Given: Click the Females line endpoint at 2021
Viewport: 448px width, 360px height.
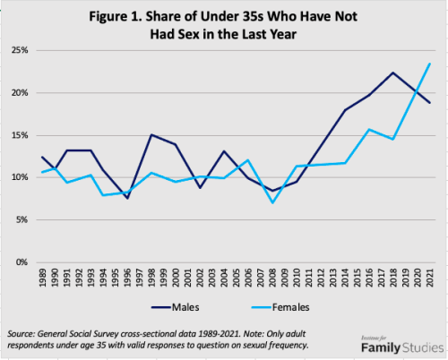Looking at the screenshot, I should pos(430,64).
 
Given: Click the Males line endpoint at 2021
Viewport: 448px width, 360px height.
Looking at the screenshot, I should pos(430,103).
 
